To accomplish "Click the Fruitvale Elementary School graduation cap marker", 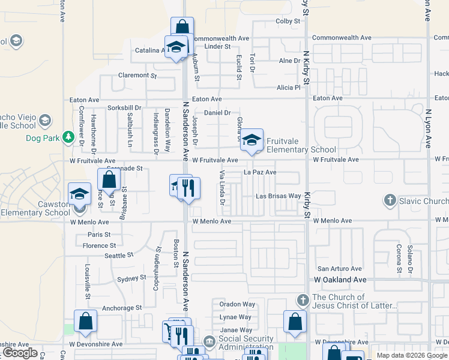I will [x=253, y=140].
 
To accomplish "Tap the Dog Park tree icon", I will [x=68, y=137].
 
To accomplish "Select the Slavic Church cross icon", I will [x=390, y=200].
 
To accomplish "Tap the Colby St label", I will [x=288, y=21].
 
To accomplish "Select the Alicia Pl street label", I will [x=288, y=87].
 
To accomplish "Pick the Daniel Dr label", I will [x=217, y=112].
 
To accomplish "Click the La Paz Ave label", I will [x=259, y=172].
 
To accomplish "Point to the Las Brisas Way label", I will [x=278, y=196].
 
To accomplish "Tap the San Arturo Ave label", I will [x=340, y=269].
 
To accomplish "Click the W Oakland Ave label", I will [x=340, y=280].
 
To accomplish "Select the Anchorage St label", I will [x=122, y=308].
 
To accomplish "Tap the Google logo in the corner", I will [x=20, y=352].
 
